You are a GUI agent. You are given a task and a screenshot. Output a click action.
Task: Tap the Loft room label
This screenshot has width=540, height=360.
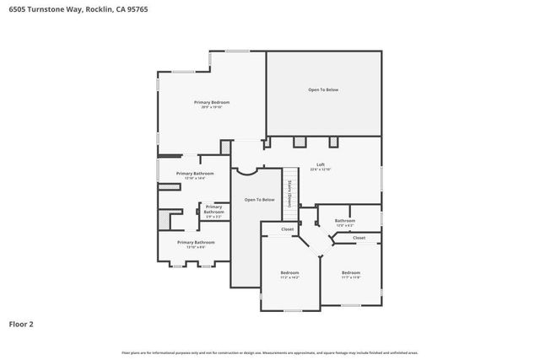coord(320,164)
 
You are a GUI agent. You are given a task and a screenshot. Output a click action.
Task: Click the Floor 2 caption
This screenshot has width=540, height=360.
coord(21,323)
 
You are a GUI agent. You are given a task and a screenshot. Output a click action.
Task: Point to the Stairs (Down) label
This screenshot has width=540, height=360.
coord(289,194)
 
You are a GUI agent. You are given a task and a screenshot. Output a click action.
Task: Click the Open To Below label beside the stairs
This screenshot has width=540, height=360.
coord(259,200)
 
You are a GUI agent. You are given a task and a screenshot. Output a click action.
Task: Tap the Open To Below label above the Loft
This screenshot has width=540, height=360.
coord(323,89)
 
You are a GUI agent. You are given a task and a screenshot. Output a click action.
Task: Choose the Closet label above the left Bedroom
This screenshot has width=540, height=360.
coord(288,228)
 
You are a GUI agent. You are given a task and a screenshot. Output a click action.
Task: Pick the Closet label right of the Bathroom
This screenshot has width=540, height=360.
coord(359,238)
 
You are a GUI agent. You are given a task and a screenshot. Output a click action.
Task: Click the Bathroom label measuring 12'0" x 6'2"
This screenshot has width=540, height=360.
coord(344,220)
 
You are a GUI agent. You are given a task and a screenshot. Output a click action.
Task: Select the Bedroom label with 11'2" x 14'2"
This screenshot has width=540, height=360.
coord(289,272)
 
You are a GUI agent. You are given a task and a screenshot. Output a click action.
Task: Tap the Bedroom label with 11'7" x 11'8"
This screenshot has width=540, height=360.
coord(350,272)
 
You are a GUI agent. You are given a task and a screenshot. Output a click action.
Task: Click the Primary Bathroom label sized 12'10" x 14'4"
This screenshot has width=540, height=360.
coord(195,173)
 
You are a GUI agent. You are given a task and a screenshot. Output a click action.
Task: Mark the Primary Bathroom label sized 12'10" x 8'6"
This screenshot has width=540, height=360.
coord(195,242)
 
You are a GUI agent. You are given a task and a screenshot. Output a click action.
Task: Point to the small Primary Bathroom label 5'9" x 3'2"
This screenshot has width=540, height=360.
coord(213,208)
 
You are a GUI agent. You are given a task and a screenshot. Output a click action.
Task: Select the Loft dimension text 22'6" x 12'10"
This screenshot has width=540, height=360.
coord(320,169)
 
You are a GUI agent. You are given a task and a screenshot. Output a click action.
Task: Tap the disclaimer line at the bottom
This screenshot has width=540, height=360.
coord(270,352)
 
